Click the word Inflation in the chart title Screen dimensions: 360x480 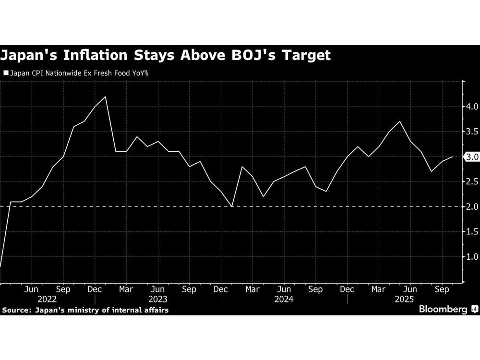(95, 55)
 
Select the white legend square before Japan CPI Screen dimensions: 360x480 (6, 74)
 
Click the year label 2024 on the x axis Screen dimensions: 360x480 (284, 299)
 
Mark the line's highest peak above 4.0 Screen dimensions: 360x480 (105, 96)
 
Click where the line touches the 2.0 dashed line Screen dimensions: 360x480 (231, 206)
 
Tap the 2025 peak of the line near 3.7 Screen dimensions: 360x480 (400, 121)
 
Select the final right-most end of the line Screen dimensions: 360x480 (452, 156)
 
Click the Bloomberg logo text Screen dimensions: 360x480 (443, 310)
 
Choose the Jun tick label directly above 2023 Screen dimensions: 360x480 (158, 289)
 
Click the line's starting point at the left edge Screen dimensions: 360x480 (0, 266)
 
